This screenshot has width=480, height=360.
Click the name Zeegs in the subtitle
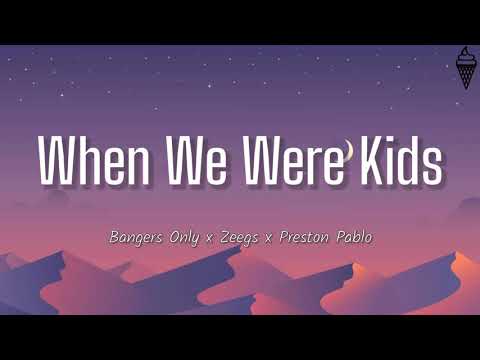(245, 237)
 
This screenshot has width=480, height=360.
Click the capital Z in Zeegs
(230, 237)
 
